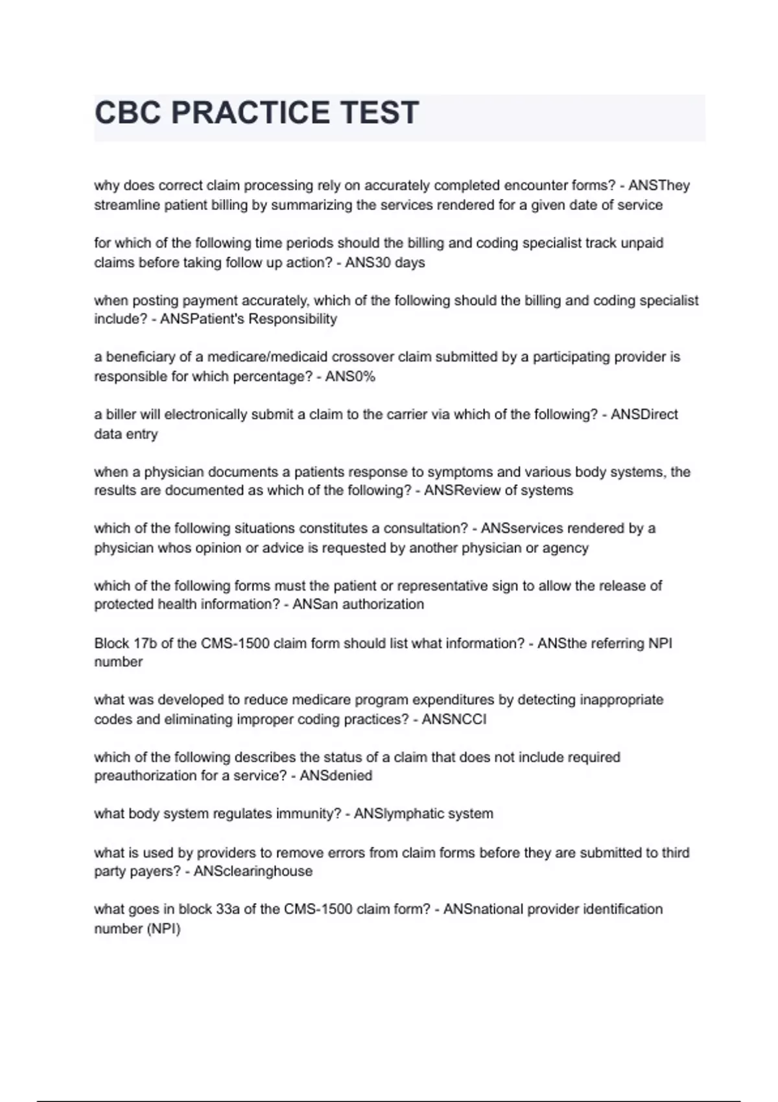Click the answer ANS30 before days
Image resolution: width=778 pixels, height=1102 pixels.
click(x=368, y=263)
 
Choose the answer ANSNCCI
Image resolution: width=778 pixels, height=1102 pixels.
click(x=454, y=720)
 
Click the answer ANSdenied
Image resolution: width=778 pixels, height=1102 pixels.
click(x=336, y=776)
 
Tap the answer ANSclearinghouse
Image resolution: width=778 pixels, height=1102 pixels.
click(x=253, y=871)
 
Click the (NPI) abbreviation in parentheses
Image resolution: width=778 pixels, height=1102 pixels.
click(x=165, y=929)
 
